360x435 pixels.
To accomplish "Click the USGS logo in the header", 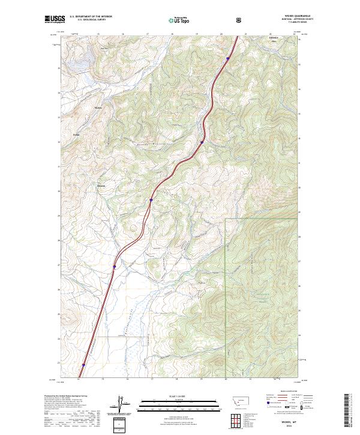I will pyautogui.click(x=55, y=20).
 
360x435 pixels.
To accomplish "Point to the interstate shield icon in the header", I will pyautogui.click(x=240, y=20).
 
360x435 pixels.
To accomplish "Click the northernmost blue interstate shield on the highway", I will pyautogui.click(x=228, y=59).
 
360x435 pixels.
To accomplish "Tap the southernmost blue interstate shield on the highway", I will pyautogui.click(x=83, y=364).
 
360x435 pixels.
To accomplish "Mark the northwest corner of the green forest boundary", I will pyautogui.click(x=226, y=220).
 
